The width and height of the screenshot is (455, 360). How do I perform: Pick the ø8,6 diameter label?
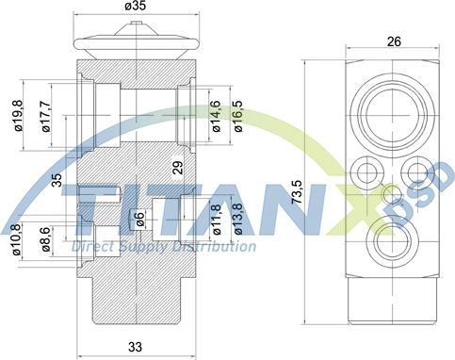(43, 239)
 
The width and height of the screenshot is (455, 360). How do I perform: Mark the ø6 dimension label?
(139, 219)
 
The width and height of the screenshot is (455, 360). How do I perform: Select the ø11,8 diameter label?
(216, 219)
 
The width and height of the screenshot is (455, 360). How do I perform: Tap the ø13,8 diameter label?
(238, 219)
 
